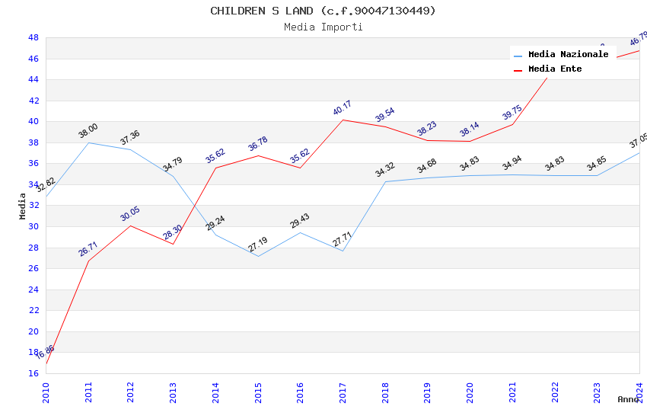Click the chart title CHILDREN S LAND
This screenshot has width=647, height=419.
[x=323, y=11]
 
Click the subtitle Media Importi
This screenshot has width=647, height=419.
[x=323, y=27]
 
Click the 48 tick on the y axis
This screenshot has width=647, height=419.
[x=33, y=37]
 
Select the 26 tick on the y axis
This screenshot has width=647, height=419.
[x=33, y=268]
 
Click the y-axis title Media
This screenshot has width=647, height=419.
[x=23, y=206]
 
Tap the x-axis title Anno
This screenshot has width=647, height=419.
[x=628, y=399]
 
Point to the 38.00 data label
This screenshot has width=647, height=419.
[x=88, y=131]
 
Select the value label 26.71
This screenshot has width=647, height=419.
[x=88, y=249]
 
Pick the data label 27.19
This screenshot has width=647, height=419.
[x=258, y=245]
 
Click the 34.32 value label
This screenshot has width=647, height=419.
[x=385, y=170]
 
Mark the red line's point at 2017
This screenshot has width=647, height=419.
[x=343, y=120]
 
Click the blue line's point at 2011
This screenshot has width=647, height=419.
[x=89, y=142]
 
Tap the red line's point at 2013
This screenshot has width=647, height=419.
[x=174, y=244]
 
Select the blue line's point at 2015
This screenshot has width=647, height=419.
[x=259, y=256]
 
